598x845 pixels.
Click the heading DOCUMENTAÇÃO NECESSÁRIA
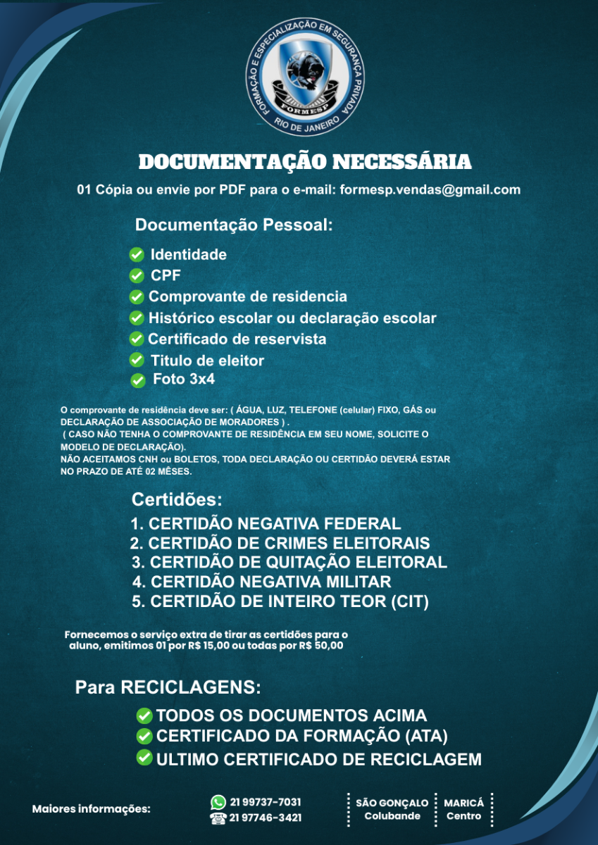(304, 162)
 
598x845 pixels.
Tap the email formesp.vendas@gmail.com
(430, 189)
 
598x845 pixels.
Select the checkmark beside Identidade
(137, 255)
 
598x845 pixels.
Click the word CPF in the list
(166, 275)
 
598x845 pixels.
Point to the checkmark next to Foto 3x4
(138, 380)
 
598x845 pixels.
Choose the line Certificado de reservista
(237, 339)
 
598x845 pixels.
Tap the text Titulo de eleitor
(207, 361)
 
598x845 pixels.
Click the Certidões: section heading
(177, 500)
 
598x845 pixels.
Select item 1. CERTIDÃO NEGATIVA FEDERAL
(266, 524)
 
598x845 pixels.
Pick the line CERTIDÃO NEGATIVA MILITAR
(261, 582)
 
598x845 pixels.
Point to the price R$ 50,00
(321, 645)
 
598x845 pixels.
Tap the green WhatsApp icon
(218, 802)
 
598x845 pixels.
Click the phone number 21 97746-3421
(266, 818)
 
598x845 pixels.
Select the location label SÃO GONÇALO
(392, 803)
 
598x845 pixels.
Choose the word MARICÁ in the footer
(463, 803)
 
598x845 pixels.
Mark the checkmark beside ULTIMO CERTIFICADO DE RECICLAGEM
(144, 758)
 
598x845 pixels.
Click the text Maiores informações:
(92, 809)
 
